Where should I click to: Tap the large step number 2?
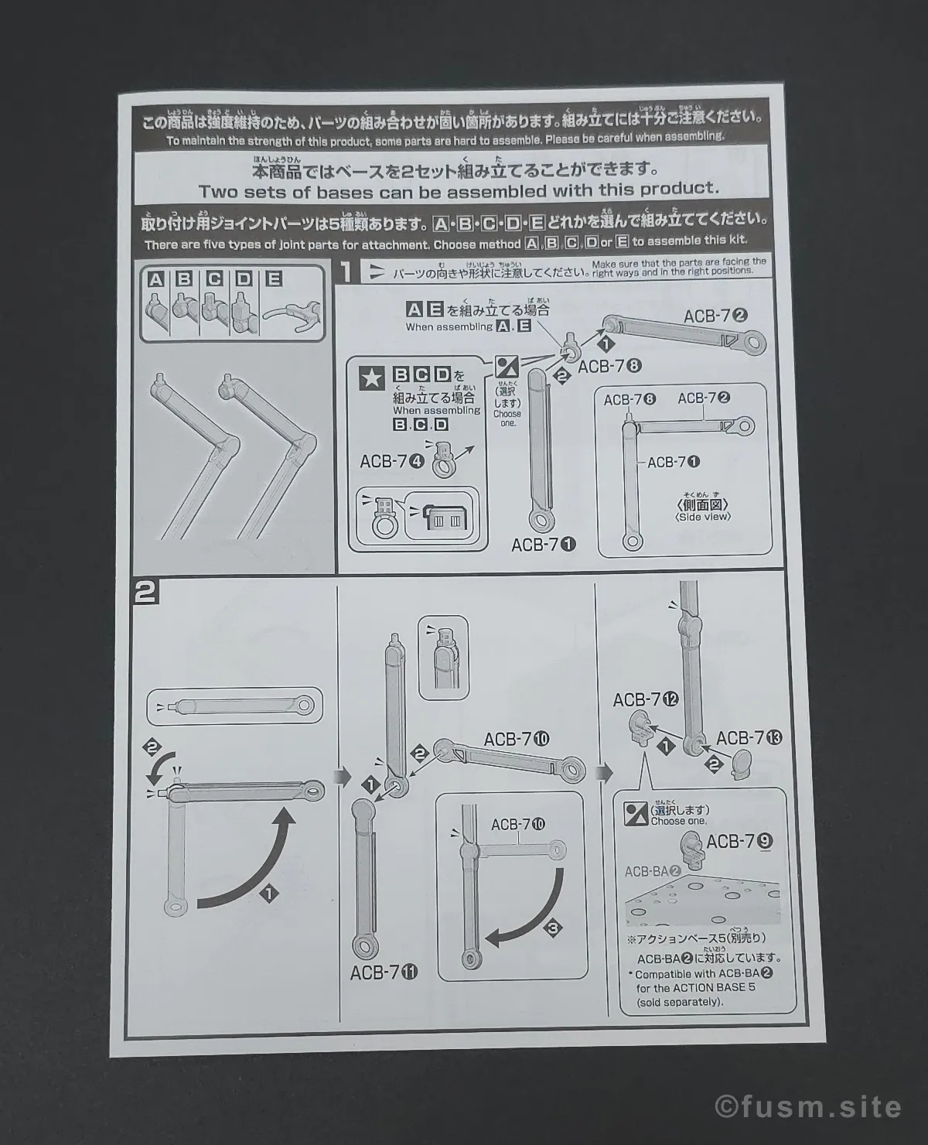pos(145,593)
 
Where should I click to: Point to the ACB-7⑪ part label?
pos(384,972)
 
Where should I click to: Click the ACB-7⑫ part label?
pos(645,699)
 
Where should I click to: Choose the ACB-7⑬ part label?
pos(749,738)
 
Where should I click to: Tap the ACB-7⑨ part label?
pos(739,841)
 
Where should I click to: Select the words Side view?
pos(703,517)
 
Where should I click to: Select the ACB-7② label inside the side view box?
pos(704,398)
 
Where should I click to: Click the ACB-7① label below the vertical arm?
pos(544,545)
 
